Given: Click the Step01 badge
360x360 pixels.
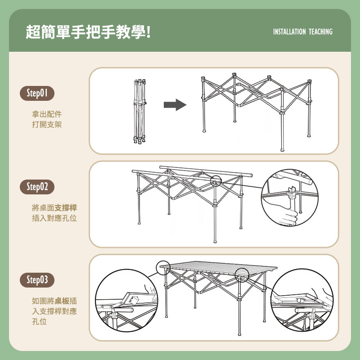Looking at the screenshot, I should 37,94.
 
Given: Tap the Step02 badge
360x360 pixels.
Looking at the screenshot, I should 37,187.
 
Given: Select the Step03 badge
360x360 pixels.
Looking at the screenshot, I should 37,280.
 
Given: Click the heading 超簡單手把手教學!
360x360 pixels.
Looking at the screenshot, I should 88,32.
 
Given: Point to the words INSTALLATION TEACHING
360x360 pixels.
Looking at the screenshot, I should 302,32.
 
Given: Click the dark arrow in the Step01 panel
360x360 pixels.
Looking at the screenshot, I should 175,105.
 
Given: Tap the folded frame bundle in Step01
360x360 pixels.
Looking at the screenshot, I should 139,111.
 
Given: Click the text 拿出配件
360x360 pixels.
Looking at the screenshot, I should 47,114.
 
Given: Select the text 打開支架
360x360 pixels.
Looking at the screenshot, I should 47,125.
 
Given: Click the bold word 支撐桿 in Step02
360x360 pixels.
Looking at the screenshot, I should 66,208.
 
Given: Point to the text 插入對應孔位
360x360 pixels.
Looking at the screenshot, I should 54,219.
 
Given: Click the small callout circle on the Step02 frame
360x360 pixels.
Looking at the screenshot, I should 216,181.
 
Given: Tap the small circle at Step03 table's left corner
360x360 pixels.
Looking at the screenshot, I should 164,269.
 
